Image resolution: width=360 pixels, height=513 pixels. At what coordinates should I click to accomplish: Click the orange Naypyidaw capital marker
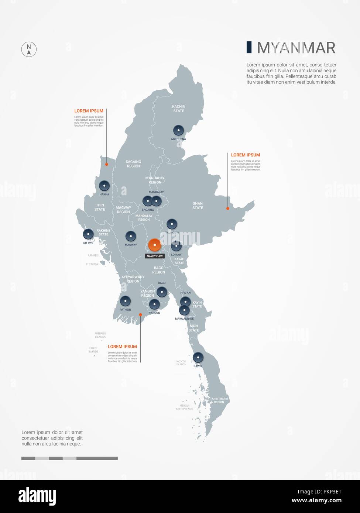tap(154, 245)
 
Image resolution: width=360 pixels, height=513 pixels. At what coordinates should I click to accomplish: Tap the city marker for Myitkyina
tap(178, 130)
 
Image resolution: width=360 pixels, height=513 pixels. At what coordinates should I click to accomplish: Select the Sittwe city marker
tap(88, 234)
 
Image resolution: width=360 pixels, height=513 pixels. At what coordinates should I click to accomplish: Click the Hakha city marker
tap(104, 185)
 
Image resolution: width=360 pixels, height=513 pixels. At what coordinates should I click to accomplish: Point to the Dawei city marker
tap(198, 357)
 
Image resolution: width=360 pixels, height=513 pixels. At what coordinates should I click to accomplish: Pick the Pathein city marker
tap(126, 301)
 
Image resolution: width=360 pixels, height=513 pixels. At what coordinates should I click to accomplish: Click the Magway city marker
tap(131, 236)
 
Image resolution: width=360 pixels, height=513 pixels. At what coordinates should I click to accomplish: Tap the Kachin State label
tap(179, 109)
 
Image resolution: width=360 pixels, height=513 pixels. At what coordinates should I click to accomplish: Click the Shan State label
tap(198, 206)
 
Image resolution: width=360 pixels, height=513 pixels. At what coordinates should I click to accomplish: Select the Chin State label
tap(100, 207)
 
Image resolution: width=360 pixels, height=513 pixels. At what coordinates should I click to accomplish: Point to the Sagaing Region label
tap(133, 164)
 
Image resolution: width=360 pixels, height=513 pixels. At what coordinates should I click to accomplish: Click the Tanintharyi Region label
tap(219, 400)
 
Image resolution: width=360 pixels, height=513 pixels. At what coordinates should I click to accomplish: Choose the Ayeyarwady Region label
tap(133, 279)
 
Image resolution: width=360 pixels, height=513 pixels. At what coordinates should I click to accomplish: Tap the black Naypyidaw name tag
tap(155, 256)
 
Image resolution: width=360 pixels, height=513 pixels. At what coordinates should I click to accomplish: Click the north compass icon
tap(29, 49)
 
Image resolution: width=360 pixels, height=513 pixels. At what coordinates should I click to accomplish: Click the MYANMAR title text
tap(296, 48)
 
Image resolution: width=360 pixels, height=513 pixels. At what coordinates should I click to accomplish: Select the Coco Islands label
tap(93, 350)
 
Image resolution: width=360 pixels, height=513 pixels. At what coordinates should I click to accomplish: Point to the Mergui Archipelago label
tap(185, 407)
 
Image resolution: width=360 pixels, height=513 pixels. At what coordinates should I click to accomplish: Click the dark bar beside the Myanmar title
tap(249, 47)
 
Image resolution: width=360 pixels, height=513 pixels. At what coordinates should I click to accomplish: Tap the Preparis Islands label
tap(100, 335)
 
